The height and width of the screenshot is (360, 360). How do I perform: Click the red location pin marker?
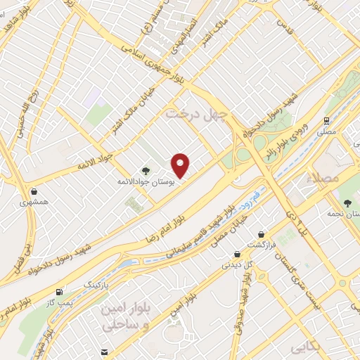coord(181,166)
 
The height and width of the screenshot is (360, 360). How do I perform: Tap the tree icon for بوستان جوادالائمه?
coord(146,169)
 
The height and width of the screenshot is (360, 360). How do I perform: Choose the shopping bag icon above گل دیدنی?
coord(237,254)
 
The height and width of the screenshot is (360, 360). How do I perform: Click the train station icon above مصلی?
coord(327,120)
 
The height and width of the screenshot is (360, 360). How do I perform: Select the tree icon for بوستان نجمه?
coord(347,202)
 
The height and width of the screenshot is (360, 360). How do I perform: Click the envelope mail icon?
coord(104,352)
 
